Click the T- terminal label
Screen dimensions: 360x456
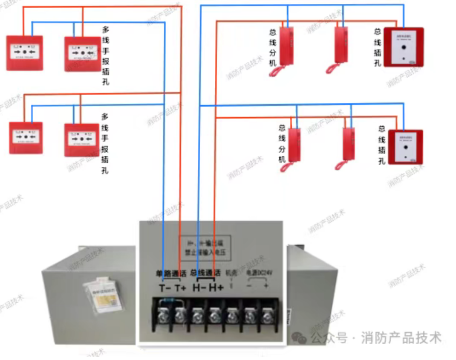(165, 288)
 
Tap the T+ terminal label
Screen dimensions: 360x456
(181, 288)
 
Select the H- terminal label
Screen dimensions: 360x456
(199, 288)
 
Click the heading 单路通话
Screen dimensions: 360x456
(170, 273)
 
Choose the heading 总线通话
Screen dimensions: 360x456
(205, 273)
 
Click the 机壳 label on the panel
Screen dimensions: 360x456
(231, 272)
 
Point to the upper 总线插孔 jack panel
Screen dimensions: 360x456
(404, 47)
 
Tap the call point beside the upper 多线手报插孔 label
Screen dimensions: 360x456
(82, 54)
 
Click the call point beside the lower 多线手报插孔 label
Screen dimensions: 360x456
(81, 139)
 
